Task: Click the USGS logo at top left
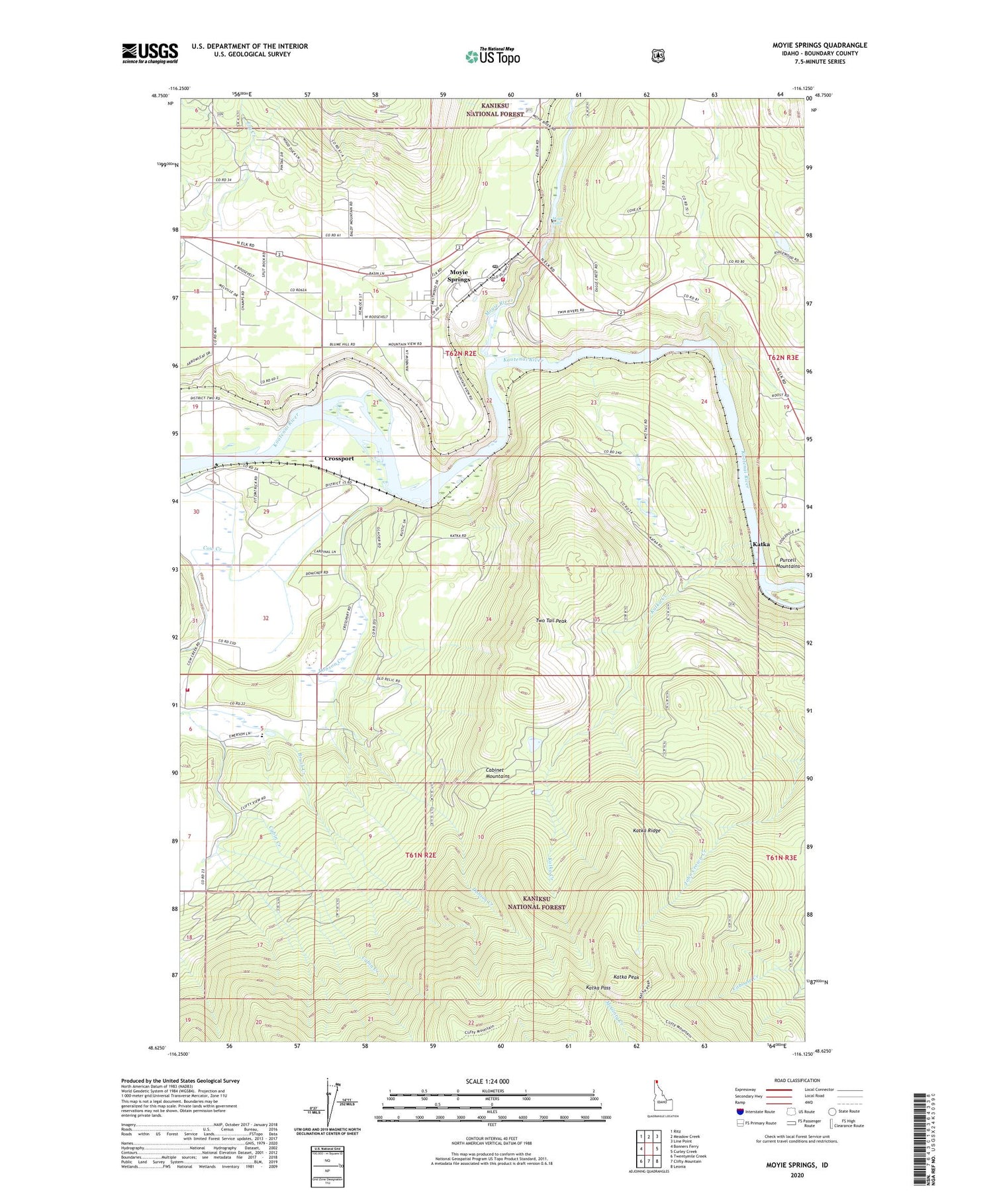(x=150, y=53)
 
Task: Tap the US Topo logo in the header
(x=493, y=56)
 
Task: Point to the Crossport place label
(x=339, y=458)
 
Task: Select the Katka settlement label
(x=761, y=543)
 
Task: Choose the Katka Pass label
(x=598, y=987)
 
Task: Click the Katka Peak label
(x=626, y=976)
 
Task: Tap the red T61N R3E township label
(x=782, y=857)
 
